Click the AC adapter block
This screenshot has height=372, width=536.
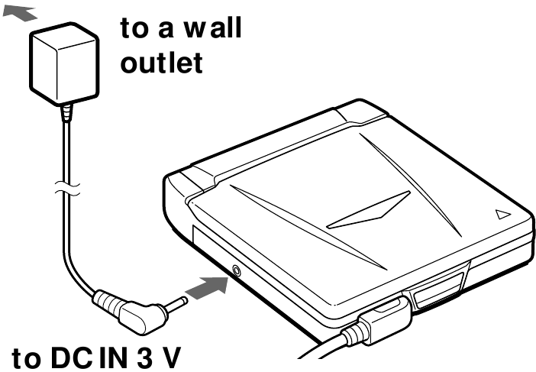[65, 63]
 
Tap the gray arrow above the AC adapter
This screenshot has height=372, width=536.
[20, 14]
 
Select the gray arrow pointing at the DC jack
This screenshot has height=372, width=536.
[207, 288]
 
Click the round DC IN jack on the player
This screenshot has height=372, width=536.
[236, 271]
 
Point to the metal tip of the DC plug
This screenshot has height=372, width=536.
[176, 304]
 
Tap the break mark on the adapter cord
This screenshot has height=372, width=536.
[67, 189]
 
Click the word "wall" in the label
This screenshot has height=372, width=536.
[213, 27]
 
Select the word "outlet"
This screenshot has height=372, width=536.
[162, 63]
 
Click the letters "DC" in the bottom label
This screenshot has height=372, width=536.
[72, 357]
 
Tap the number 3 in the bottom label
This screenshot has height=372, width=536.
[145, 357]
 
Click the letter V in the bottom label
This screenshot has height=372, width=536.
[170, 357]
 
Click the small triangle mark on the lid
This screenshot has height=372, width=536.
[503, 214]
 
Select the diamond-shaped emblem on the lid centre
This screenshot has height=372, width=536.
[369, 210]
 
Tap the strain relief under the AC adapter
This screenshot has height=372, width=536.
[67, 112]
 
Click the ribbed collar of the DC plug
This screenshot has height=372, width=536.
[107, 302]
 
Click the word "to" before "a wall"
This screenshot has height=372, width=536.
[134, 27]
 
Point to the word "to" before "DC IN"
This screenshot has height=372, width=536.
[26, 358]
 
